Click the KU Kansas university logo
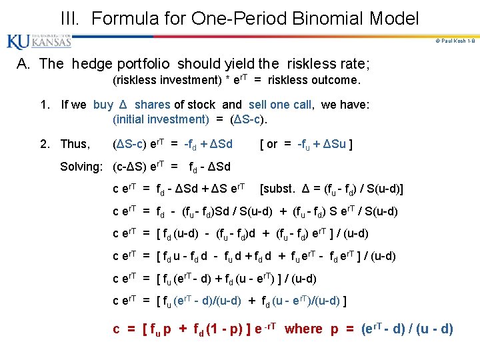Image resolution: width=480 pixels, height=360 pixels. [39, 41]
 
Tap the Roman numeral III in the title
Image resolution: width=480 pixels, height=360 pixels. [70, 18]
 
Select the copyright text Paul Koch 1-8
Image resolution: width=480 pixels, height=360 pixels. [453, 41]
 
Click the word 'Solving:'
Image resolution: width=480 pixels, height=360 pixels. [84, 167]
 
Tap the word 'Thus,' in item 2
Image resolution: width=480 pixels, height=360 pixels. [74, 144]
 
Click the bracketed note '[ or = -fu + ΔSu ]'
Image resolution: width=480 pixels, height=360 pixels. [307, 144]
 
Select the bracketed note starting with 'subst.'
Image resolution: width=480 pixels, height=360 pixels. [331, 189]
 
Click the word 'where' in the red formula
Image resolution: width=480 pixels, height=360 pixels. [303, 329]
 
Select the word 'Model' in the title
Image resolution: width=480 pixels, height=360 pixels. [395, 18]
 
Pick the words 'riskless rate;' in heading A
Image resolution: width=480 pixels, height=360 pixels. [328, 64]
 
